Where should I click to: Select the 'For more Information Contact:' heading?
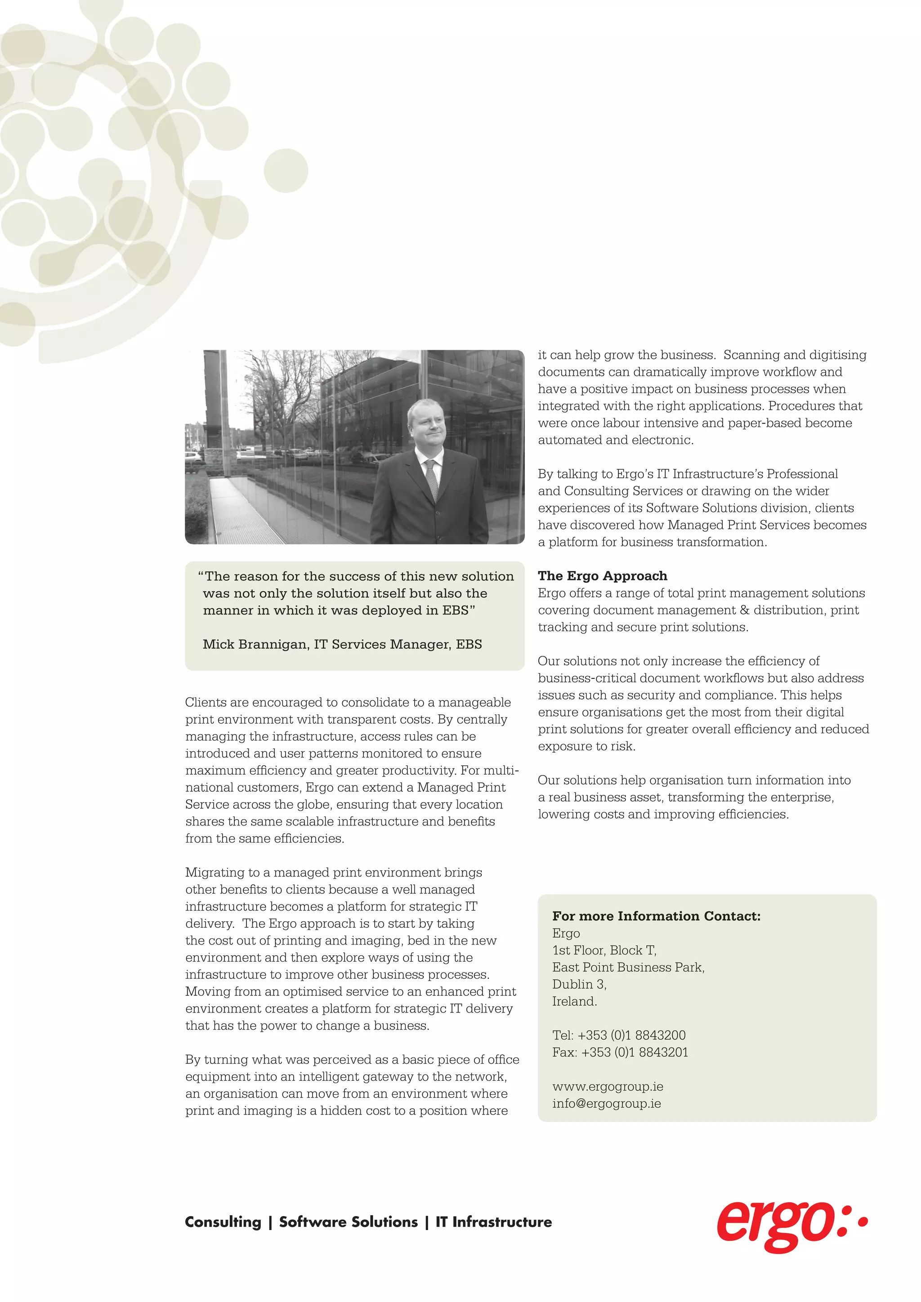(x=656, y=916)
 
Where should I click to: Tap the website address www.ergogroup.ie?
(x=608, y=1087)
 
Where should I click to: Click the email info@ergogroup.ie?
(x=606, y=1104)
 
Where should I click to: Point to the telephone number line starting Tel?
(x=619, y=1035)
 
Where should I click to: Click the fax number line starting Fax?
(x=620, y=1052)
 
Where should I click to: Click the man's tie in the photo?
(x=432, y=479)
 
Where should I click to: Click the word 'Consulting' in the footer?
(x=223, y=1222)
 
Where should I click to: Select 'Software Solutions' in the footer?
(x=348, y=1222)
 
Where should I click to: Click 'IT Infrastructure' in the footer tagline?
(x=493, y=1222)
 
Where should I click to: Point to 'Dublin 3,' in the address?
(x=579, y=985)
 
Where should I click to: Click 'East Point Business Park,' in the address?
(x=628, y=968)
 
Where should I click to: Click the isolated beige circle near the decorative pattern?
(x=286, y=171)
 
